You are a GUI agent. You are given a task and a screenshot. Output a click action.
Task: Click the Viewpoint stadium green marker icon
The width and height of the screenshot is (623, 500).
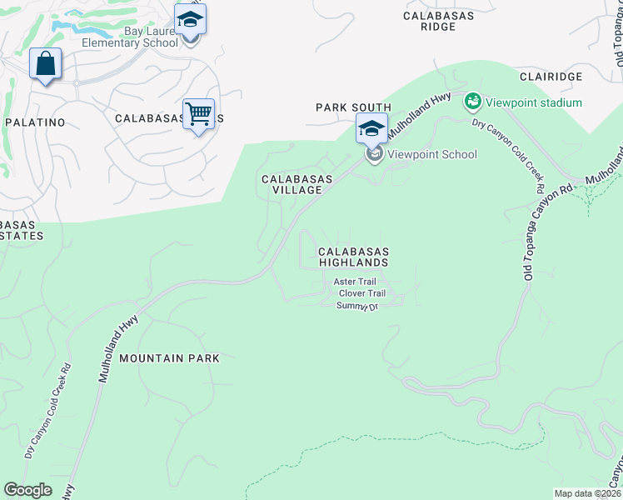pos(473,102)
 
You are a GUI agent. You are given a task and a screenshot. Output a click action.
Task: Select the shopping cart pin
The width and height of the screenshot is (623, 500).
pos(198,114)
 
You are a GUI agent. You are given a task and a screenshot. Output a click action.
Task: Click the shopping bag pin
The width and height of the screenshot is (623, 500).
pos(45,64)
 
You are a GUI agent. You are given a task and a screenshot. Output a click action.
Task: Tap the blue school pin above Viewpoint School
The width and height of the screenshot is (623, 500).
pos(371,129)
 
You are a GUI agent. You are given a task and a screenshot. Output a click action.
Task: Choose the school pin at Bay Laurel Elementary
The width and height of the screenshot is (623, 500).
pos(190,19)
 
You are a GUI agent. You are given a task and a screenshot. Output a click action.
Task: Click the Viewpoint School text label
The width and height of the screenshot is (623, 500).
pos(431,154)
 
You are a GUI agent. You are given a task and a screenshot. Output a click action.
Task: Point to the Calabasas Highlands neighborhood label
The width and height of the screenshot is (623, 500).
pos(353,257)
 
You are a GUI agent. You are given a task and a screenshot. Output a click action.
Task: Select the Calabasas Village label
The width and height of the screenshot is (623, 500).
pos(297,184)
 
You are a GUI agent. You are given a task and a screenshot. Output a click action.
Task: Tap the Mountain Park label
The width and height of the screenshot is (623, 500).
pos(169,358)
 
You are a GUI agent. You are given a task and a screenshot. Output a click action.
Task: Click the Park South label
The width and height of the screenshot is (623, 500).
pos(353,107)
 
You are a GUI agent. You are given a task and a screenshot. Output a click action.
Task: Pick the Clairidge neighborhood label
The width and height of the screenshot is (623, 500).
pos(551,76)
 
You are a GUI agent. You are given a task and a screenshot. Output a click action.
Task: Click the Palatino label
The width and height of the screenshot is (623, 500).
pos(35,122)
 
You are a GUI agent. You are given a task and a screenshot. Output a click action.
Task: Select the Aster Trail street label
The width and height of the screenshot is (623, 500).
pos(355,282)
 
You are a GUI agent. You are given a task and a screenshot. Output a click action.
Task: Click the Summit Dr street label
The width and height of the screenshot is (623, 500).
pos(357,306)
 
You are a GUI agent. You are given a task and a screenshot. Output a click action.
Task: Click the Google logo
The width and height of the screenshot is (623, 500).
pos(27,490)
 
